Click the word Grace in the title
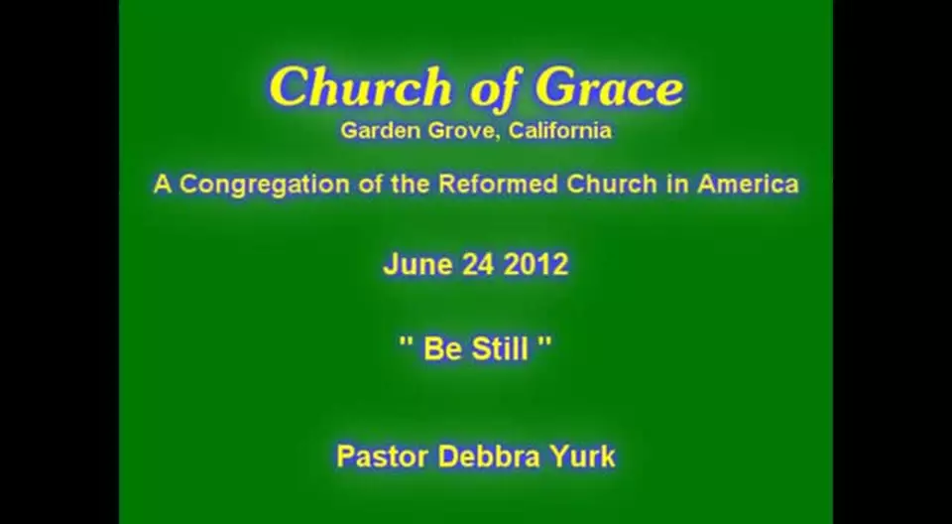[610, 87]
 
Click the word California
[559, 130]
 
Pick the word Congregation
[265, 185]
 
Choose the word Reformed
[499, 184]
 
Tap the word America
[748, 184]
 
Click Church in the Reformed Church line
[612, 184]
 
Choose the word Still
[499, 349]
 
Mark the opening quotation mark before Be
[406, 342]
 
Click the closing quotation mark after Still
[544, 342]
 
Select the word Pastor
[382, 457]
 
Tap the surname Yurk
[582, 457]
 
